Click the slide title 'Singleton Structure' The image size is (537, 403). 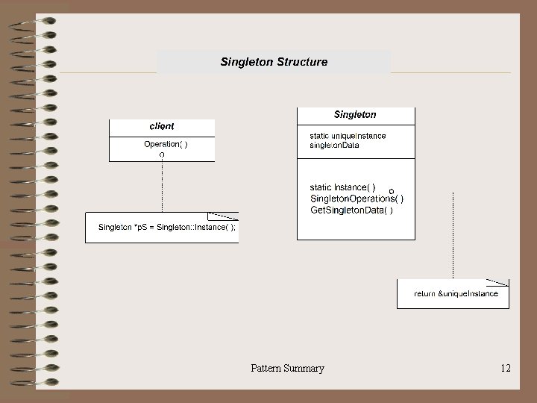click(274, 61)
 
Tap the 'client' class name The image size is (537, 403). click(162, 126)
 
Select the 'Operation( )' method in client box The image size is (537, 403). click(166, 144)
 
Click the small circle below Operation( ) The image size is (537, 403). click(163, 154)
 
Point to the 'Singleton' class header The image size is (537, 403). click(355, 114)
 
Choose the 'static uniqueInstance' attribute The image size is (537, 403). click(348, 135)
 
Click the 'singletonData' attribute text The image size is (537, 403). click(334, 145)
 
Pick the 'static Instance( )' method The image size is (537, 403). click(343, 187)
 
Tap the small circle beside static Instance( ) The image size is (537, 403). click(392, 192)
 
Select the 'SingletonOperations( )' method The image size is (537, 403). click(357, 199)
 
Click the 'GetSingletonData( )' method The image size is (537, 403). click(351, 210)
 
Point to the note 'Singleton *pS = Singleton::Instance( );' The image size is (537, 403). click(167, 228)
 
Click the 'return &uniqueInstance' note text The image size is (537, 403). click(456, 294)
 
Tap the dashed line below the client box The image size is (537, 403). click(163, 187)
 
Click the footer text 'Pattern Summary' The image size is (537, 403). click(287, 368)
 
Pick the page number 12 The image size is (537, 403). click(506, 368)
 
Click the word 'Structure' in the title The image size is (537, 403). click(301, 61)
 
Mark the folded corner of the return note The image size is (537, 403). click(499, 282)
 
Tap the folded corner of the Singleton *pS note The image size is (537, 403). click(225, 216)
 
